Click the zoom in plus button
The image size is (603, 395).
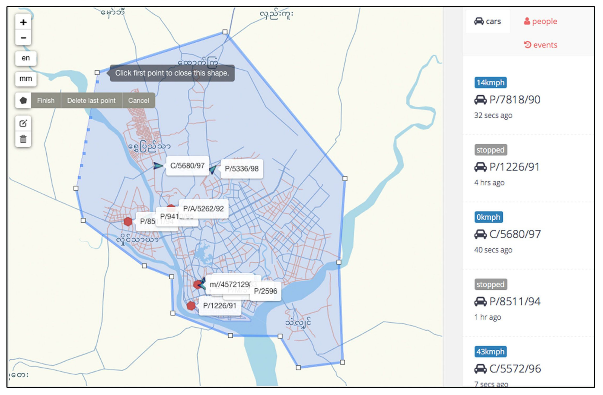click(x=23, y=22)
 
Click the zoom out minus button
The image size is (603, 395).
click(x=23, y=38)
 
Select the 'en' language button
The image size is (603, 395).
click(x=26, y=58)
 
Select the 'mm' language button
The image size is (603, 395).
click(x=26, y=79)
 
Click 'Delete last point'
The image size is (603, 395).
click(x=91, y=100)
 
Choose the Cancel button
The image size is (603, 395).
click(x=138, y=100)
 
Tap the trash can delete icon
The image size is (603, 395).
click(x=23, y=139)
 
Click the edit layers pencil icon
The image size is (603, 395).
click(x=23, y=124)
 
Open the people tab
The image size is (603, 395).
click(x=541, y=21)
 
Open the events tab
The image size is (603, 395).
click(x=541, y=45)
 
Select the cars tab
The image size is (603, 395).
click(x=487, y=21)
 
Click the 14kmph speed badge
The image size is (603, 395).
click(x=490, y=83)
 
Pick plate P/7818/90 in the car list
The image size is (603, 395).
click(x=515, y=100)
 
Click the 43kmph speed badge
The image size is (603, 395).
click(x=490, y=352)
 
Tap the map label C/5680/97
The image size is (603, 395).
click(x=187, y=166)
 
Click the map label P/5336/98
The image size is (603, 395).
click(x=242, y=169)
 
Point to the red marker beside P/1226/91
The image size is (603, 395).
click(x=191, y=306)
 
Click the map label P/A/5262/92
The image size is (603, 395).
click(x=203, y=208)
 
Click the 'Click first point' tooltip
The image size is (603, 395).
click(x=172, y=73)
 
